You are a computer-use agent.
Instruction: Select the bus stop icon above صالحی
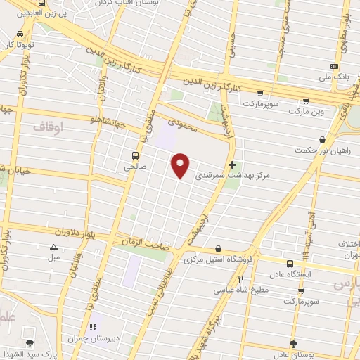click(134, 155)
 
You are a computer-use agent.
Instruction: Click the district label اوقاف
click(48, 125)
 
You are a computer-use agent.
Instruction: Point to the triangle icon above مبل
click(54, 247)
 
